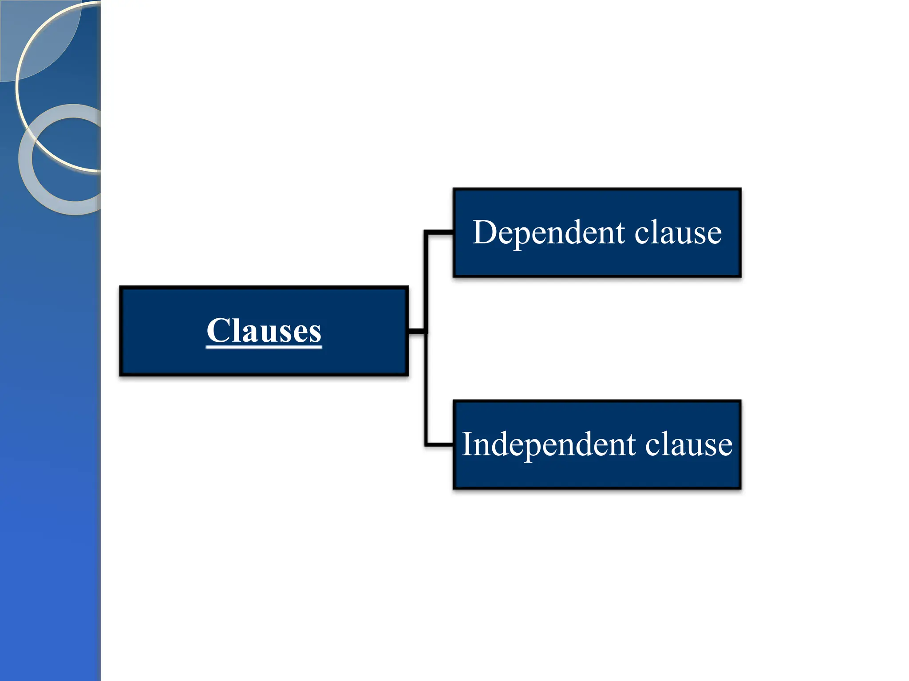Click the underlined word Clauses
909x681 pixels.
[264, 331]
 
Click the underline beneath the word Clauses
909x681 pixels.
[264, 347]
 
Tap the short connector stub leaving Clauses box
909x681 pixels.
[416, 331]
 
